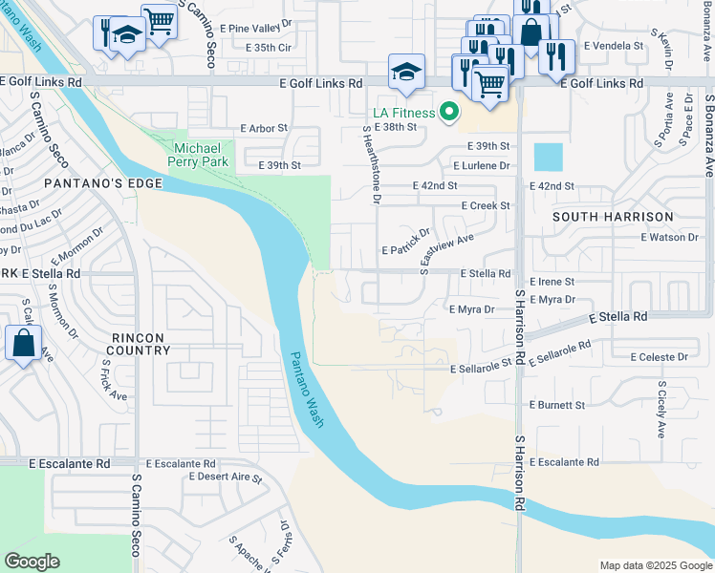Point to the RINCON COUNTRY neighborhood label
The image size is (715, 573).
pos(138,344)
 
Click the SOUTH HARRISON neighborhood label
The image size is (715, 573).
pos(613,217)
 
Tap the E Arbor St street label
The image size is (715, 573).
pos(264,128)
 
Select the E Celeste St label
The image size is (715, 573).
pos(659,357)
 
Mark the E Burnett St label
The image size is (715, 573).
pos(554,405)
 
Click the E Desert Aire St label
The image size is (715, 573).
pos(226,476)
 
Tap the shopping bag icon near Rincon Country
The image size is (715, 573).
pos(23,343)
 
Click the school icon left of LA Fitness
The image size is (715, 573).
pos(406,73)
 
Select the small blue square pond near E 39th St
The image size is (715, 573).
pos(549,157)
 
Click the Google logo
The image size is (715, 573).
pos(32,562)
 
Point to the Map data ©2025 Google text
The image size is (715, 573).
pos(655,565)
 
